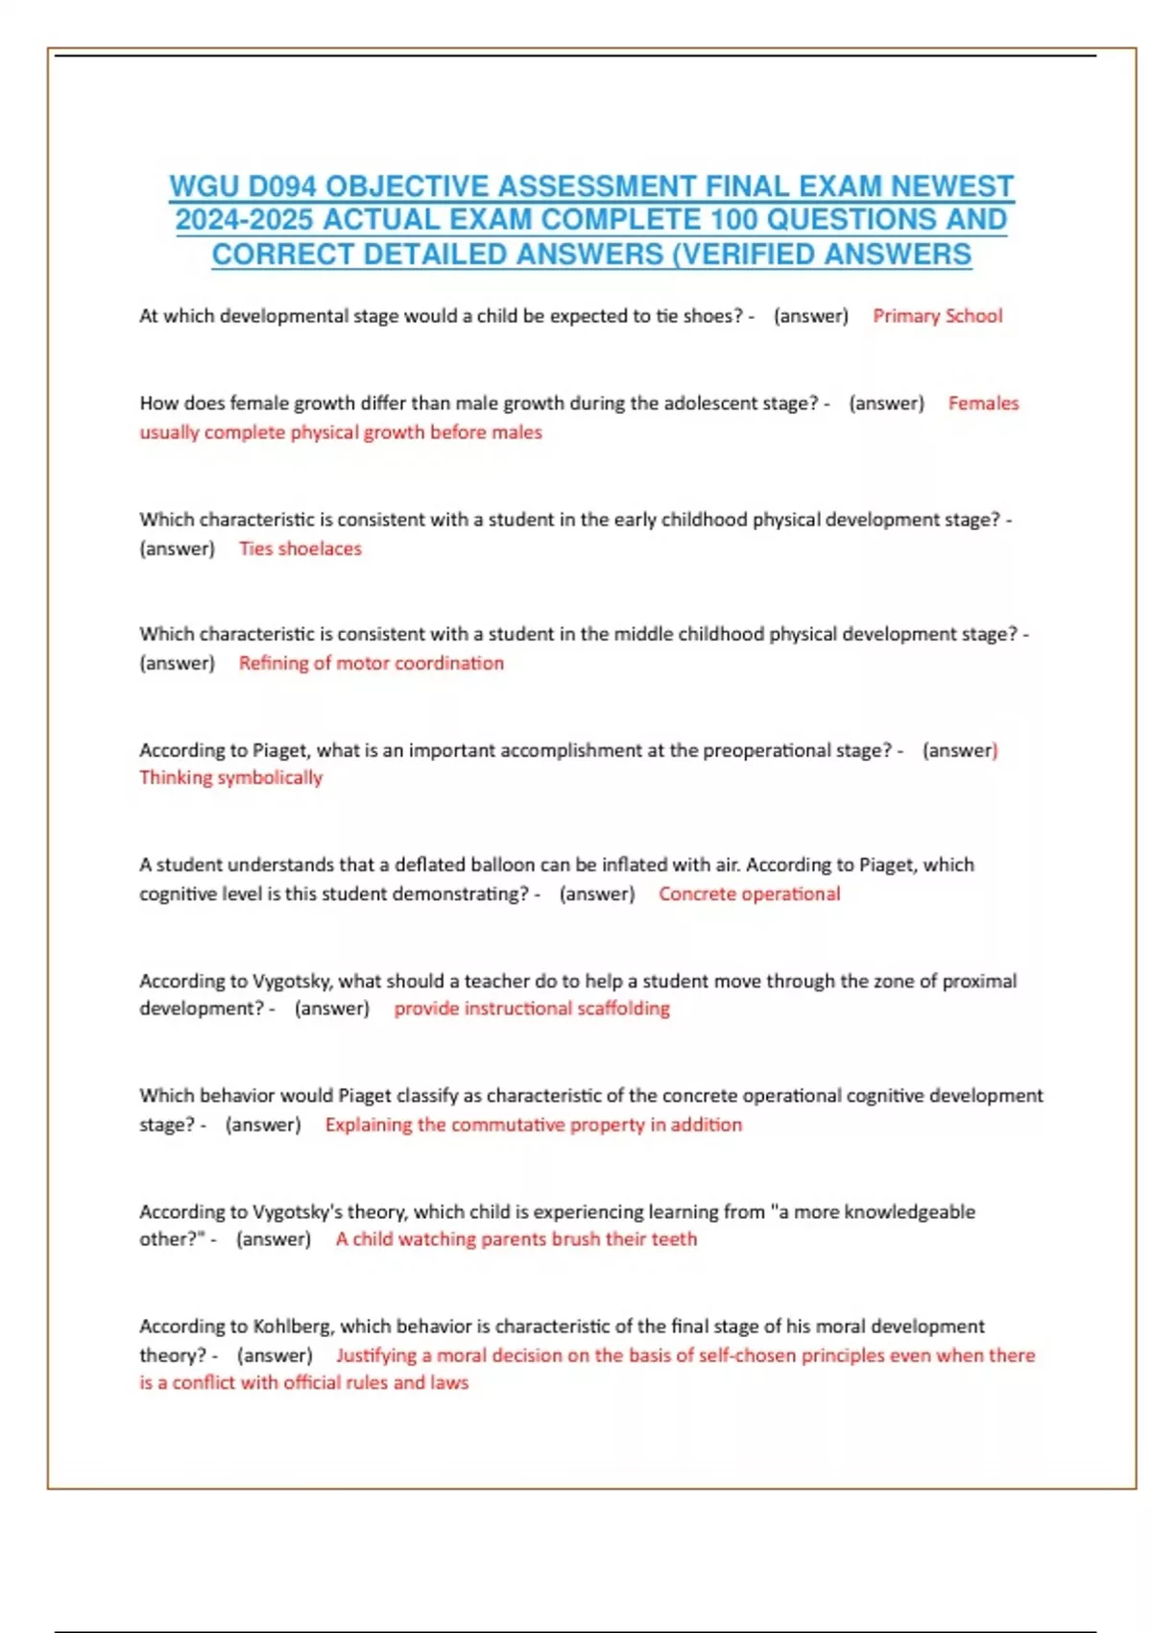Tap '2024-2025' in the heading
[x=244, y=220]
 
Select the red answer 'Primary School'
[x=937, y=316]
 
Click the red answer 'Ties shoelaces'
[x=300, y=548]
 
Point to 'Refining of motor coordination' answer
[x=371, y=663]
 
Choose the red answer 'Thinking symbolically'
[x=230, y=777]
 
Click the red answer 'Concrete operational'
[x=749, y=893]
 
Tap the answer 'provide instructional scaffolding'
[x=532, y=1009]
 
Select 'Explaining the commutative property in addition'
[x=533, y=1124]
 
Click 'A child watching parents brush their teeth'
[x=516, y=1239]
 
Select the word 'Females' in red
[x=983, y=403]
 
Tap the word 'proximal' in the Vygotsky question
[x=979, y=981]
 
